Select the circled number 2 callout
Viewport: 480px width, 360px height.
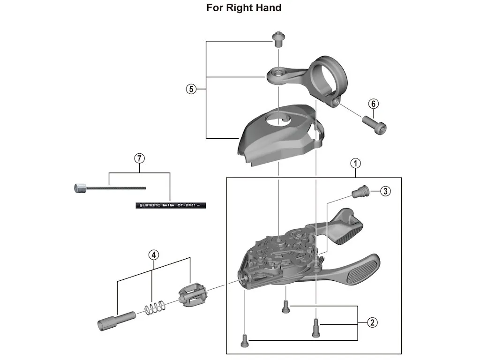coord(372,322)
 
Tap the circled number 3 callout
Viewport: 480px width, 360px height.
coord(384,191)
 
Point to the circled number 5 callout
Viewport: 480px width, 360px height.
coord(190,89)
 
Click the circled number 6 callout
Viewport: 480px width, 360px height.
coord(373,103)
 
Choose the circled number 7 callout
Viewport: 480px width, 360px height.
coord(139,158)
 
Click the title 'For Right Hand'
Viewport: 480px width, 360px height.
coord(244,8)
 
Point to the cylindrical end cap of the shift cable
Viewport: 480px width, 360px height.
coord(79,188)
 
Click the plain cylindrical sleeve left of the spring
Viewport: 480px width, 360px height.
coord(115,319)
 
